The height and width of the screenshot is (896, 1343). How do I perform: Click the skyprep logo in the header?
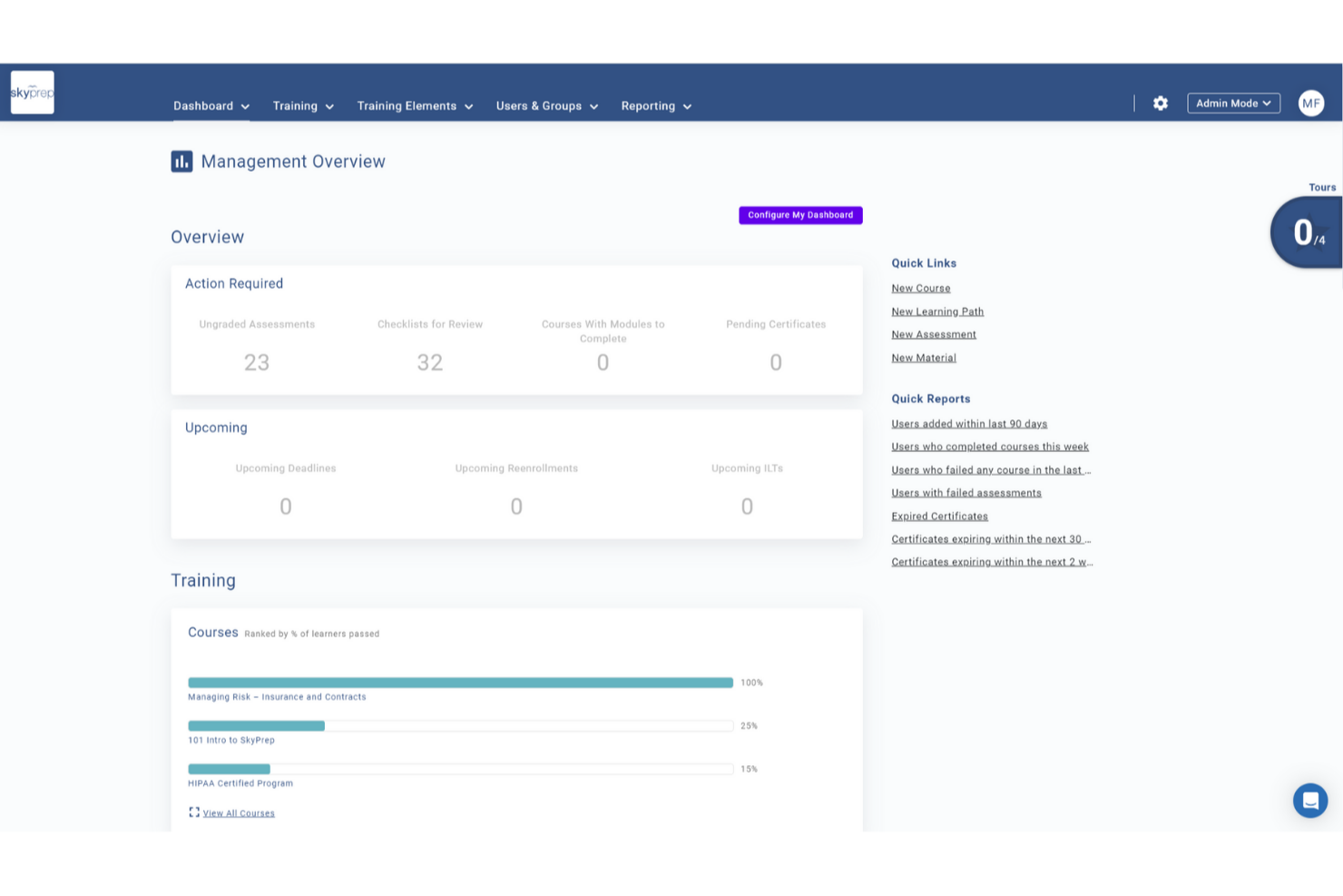click(x=32, y=93)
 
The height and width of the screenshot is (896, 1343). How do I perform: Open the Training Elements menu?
click(x=415, y=106)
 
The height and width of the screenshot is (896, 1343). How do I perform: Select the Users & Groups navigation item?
click(x=546, y=106)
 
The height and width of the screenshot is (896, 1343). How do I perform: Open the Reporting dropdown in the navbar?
click(x=655, y=106)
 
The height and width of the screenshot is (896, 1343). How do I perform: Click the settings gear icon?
click(x=1160, y=103)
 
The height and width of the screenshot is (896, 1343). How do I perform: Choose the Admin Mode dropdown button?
click(x=1232, y=103)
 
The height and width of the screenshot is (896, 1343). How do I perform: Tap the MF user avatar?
click(x=1310, y=103)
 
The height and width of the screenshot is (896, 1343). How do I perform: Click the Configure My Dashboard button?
click(x=799, y=215)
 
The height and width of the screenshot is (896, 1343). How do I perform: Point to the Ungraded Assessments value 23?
click(x=257, y=363)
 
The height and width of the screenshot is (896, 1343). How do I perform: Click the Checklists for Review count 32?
click(x=429, y=363)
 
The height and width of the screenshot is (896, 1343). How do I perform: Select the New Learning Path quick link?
click(x=936, y=311)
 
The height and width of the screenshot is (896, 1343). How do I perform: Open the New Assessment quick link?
click(x=933, y=334)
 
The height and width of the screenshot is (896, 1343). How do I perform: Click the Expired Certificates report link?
click(x=939, y=517)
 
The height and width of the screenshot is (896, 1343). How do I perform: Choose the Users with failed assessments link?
click(x=966, y=493)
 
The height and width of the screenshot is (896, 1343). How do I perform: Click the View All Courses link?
click(x=238, y=813)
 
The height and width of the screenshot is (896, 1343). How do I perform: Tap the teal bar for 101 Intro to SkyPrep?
click(x=256, y=725)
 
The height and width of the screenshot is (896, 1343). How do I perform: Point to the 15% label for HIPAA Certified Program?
click(x=749, y=769)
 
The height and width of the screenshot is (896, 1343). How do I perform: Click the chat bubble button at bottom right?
click(x=1309, y=801)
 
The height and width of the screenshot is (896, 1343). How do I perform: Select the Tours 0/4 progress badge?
click(x=1307, y=233)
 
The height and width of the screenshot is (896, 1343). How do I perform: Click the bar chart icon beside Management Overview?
click(x=181, y=162)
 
